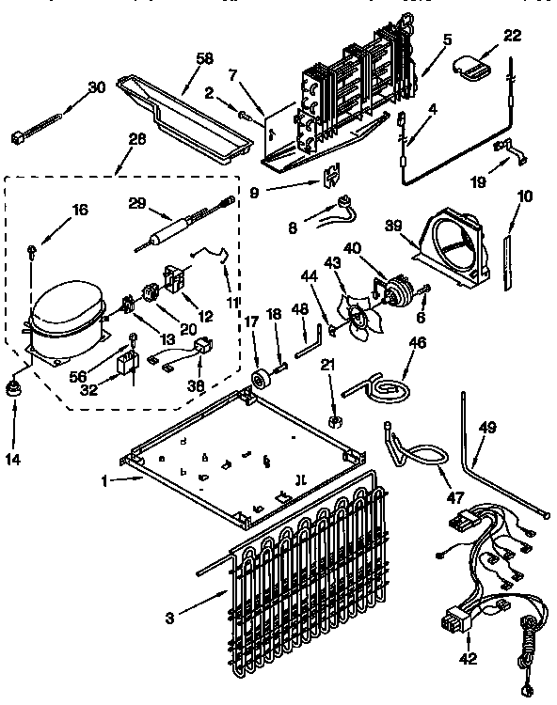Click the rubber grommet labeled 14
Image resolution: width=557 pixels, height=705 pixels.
[16, 388]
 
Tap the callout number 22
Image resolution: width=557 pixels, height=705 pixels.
[512, 36]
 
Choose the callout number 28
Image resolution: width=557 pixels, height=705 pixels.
[137, 139]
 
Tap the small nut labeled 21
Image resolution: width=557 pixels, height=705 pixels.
[335, 415]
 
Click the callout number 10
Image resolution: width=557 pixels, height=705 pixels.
[524, 196]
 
